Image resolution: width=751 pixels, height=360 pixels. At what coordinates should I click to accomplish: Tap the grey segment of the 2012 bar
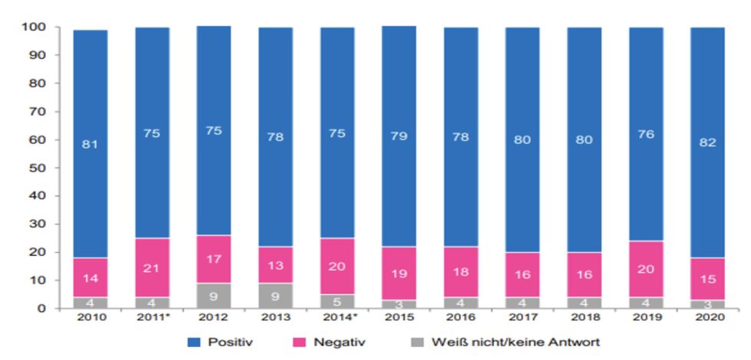tap(214, 296)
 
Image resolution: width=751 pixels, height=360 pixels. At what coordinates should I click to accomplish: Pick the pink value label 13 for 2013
tap(276, 266)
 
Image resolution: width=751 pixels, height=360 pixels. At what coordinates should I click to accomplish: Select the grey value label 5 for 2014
tap(337, 301)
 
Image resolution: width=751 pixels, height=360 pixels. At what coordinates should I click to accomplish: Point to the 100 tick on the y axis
tap(36, 28)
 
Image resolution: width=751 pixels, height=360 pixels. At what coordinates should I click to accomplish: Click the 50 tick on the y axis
tap(38, 168)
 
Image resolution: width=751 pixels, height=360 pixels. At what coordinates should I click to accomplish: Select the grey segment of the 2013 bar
tap(276, 296)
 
